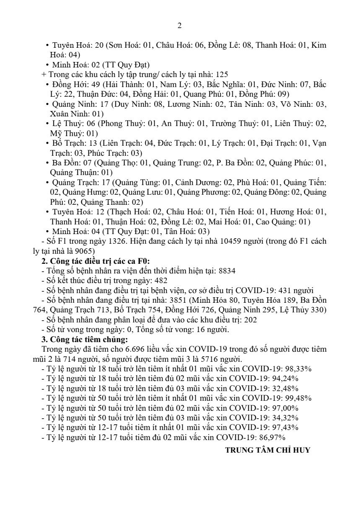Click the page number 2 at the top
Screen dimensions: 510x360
(179, 26)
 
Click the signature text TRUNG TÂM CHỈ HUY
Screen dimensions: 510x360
(268, 451)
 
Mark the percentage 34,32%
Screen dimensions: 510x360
(285, 418)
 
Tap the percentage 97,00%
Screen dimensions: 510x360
(285, 408)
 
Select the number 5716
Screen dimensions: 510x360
(221, 359)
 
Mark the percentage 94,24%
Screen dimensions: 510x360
(285, 379)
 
